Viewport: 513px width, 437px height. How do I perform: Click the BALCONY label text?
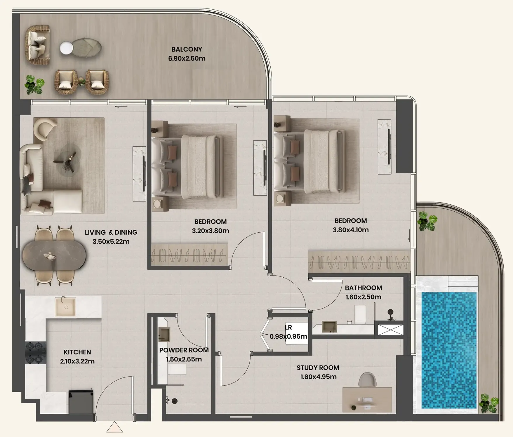click(187, 49)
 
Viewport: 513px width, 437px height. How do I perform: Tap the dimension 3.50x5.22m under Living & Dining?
click(111, 241)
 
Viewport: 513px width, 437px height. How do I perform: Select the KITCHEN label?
click(77, 352)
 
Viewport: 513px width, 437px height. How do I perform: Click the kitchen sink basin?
click(66, 307)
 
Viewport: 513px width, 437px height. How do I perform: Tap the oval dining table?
click(54, 256)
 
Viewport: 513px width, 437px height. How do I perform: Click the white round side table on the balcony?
click(66, 48)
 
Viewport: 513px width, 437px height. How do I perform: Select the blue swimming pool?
click(449, 350)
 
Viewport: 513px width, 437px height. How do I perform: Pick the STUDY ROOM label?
click(318, 368)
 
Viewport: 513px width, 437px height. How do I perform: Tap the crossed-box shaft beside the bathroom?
click(390, 330)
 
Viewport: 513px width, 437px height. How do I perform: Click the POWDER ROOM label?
click(184, 350)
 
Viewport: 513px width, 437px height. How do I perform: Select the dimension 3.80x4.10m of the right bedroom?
click(350, 230)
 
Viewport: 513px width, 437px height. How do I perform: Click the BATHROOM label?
click(363, 288)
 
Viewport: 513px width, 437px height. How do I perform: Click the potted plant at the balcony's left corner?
click(34, 85)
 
